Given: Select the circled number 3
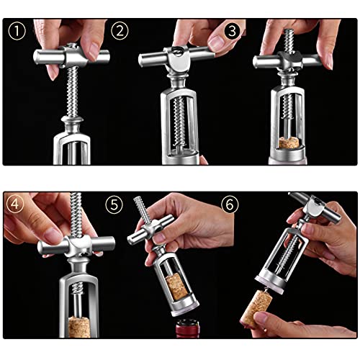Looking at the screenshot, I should (x=232, y=32).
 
